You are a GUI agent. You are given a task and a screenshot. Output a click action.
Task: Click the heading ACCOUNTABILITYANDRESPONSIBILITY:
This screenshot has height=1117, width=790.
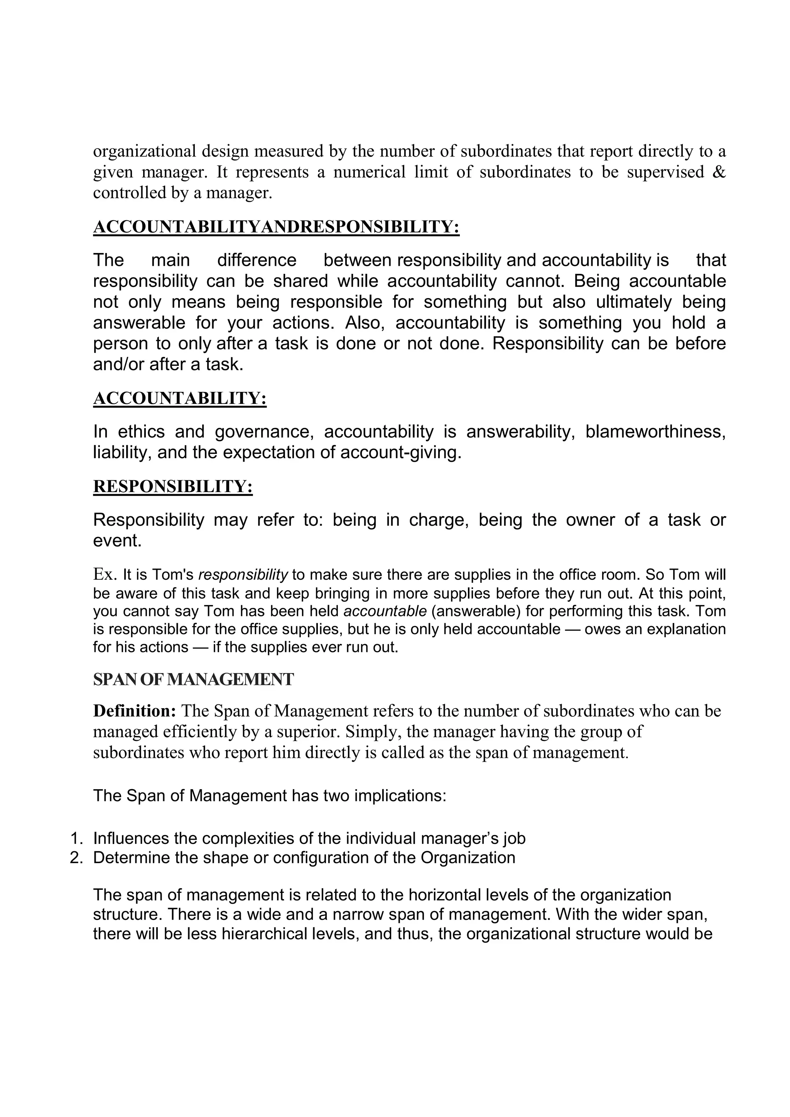pos(276,227)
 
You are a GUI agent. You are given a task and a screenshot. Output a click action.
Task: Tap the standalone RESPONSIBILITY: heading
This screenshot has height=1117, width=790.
pos(173,486)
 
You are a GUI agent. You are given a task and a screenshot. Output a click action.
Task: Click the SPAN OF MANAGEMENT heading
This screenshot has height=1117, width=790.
pos(193,680)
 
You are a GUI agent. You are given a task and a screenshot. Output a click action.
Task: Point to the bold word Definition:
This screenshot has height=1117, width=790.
pos(134,711)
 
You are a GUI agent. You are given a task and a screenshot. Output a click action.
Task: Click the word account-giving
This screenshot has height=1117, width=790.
pos(400,453)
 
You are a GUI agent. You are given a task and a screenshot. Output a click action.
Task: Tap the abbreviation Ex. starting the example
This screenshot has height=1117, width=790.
pos(105,575)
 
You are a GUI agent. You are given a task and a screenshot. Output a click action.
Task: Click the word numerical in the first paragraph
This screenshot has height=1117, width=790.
pos(370,172)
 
